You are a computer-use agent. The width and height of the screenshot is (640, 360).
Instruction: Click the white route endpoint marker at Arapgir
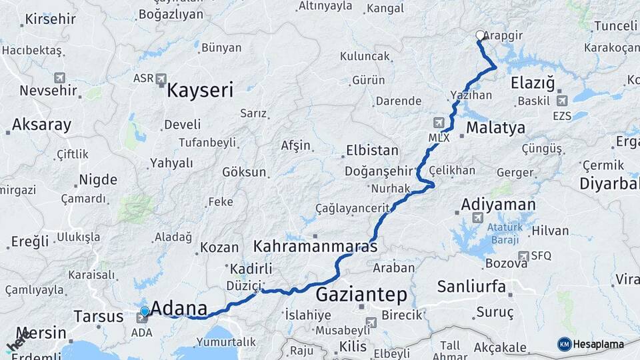pos(480,35)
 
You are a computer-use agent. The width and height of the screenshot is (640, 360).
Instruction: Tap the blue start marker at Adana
pos(145,311)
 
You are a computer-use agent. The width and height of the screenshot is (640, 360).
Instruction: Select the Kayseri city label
pos(199,90)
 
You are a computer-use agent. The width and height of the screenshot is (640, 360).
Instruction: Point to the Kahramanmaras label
pos(315,246)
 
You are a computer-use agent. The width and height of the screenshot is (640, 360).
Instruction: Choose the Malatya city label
pos(495,127)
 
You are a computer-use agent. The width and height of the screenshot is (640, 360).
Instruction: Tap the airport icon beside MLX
pos(439,123)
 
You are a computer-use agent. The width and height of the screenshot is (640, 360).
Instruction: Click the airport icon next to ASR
pos(161,79)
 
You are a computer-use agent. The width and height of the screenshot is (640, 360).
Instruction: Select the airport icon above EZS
pos(561,101)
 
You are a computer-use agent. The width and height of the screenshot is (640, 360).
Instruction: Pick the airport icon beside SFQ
pos(523,255)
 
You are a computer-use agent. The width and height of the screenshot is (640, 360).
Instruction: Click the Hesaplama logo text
pos(599,344)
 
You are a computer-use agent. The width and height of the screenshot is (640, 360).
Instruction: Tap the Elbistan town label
pos(372,150)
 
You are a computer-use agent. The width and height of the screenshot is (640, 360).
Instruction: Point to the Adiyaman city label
pos(498,204)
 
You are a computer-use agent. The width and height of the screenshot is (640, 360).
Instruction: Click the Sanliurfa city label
pos(471,287)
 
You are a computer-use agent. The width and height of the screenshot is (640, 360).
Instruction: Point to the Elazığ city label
pos(533,83)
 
